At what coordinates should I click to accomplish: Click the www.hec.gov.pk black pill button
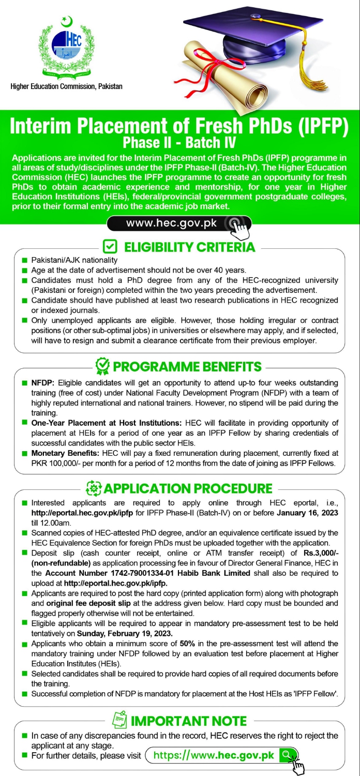click(179, 223)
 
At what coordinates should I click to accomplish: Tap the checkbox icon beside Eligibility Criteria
click(110, 247)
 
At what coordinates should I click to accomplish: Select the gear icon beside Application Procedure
click(93, 488)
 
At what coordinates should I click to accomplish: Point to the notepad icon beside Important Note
click(119, 721)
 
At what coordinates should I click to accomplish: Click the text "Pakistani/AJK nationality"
click(74, 260)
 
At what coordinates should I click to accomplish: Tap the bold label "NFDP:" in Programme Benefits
click(43, 383)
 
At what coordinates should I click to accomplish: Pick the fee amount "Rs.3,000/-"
click(321, 553)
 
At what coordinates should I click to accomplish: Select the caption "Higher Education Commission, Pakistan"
click(67, 86)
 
